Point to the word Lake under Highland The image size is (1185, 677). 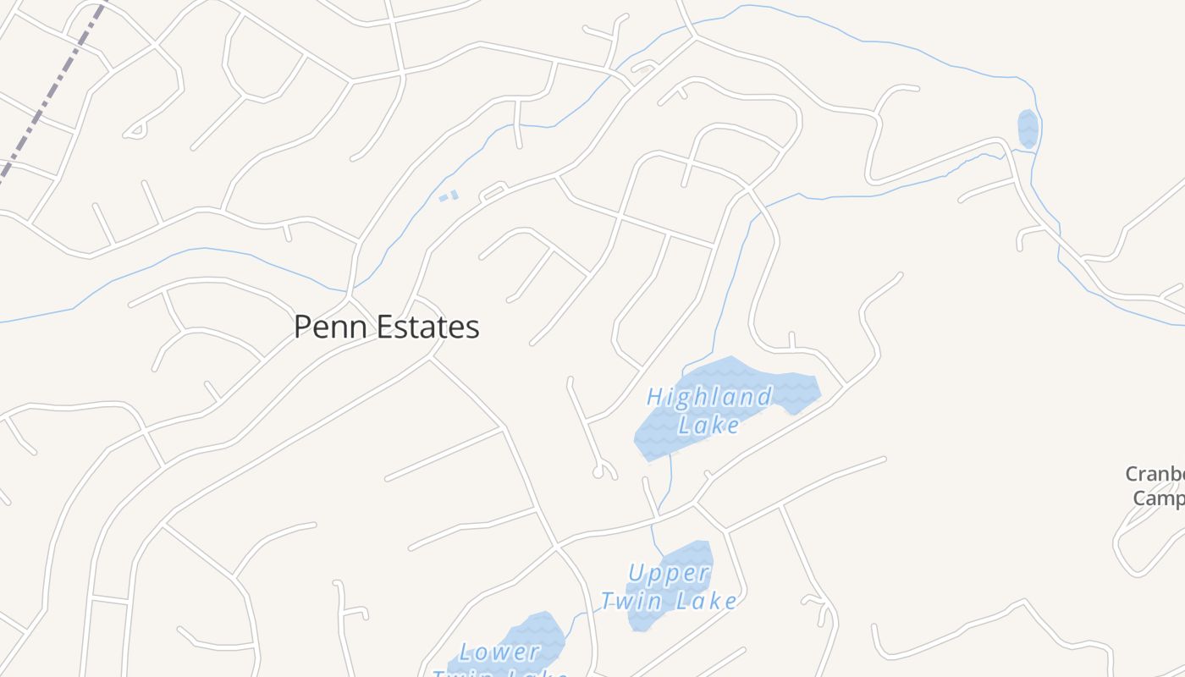[x=709, y=426]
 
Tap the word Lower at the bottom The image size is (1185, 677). [x=499, y=652]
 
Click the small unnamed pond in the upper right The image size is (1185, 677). [x=1028, y=129]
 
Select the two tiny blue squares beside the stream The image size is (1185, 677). [x=449, y=196]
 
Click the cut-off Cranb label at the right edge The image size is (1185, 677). [x=1156, y=474]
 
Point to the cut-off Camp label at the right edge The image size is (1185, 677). [x=1158, y=498]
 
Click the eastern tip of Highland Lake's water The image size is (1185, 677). [x=814, y=389]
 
